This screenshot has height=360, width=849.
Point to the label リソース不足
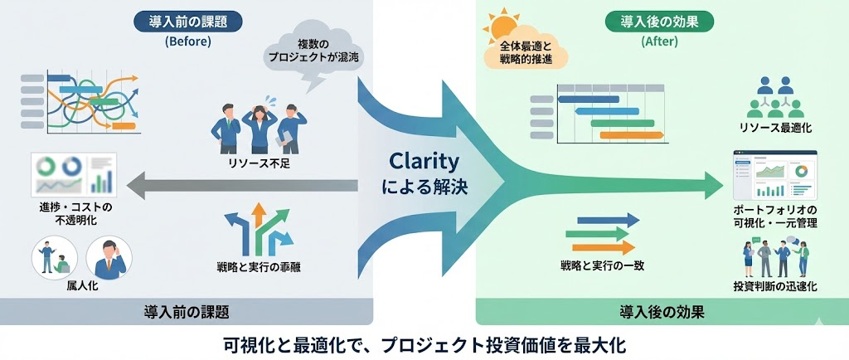(255, 163)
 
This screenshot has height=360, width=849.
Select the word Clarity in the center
(424, 161)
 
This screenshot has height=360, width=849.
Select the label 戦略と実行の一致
(602, 265)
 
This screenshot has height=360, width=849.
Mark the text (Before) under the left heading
(188, 41)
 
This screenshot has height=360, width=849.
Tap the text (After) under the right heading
(660, 41)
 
